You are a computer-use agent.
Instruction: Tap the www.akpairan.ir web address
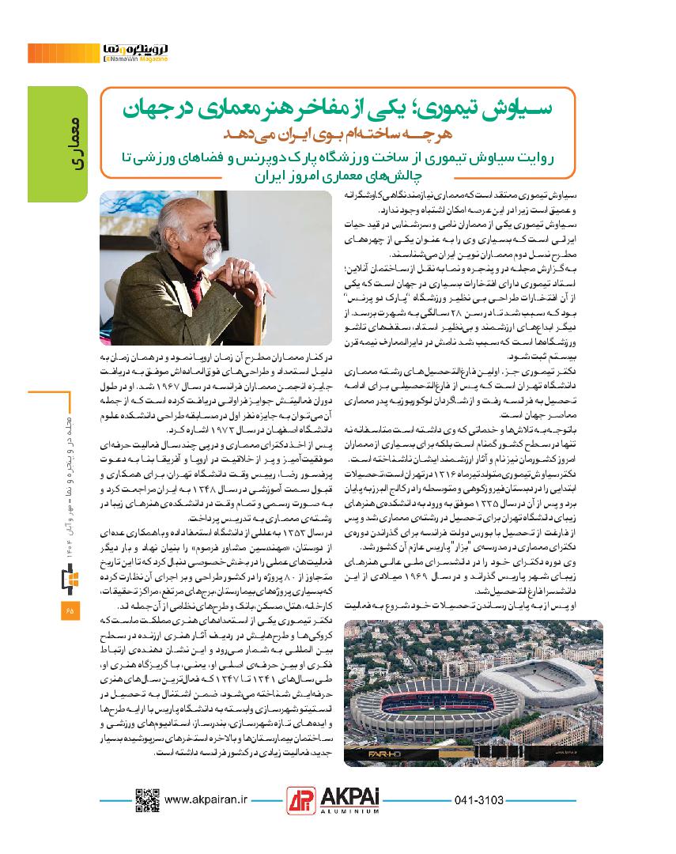(x=208, y=800)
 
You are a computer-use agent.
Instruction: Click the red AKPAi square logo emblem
(x=300, y=801)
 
